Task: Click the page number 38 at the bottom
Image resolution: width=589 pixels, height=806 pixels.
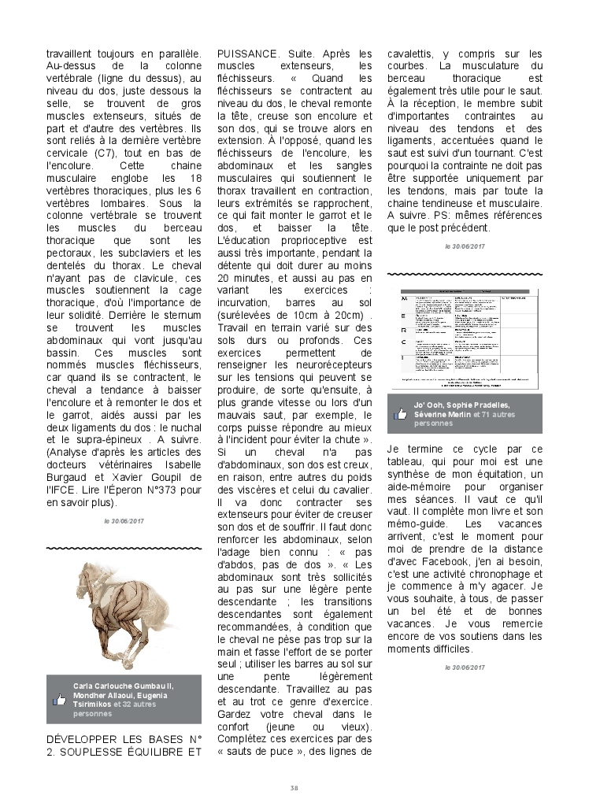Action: pyautogui.click(x=294, y=787)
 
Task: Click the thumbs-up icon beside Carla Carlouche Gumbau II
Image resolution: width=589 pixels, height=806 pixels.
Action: pyautogui.click(x=59, y=699)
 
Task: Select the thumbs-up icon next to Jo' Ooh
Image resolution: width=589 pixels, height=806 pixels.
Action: pyautogui.click(x=401, y=413)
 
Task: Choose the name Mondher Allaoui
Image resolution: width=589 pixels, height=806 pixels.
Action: pyautogui.click(x=102, y=696)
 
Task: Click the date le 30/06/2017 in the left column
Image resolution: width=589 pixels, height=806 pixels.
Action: pyautogui.click(x=124, y=521)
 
